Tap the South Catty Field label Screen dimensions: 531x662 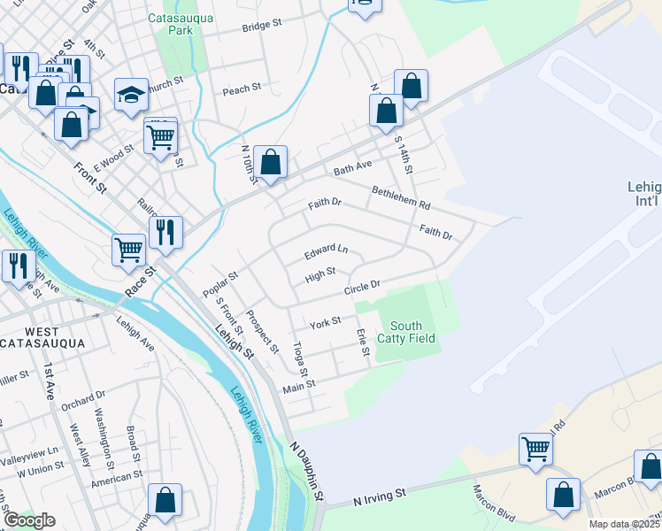[406, 332]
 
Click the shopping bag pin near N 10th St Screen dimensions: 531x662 [271, 163]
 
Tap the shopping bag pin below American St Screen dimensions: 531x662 [165, 501]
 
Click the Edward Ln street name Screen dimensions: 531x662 [327, 252]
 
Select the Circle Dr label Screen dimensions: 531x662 [362, 289]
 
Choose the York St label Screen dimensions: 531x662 [325, 323]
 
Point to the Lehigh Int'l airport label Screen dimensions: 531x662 [642, 195]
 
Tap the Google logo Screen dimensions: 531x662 [28, 519]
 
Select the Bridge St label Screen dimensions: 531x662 [261, 27]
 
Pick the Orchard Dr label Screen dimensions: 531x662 [83, 399]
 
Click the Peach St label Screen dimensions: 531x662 [242, 89]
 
